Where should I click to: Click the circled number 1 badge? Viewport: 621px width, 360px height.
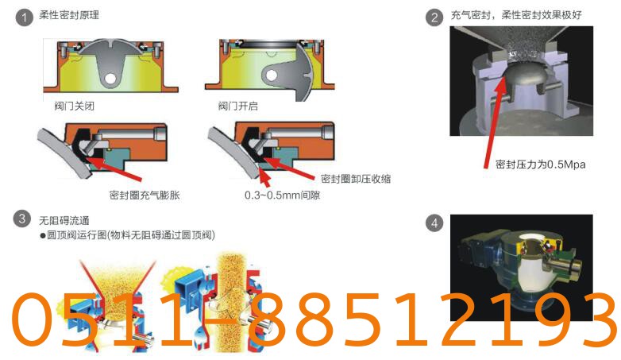(x=24, y=18)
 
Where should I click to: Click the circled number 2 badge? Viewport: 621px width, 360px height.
(x=434, y=17)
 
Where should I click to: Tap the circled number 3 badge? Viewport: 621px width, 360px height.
(x=21, y=219)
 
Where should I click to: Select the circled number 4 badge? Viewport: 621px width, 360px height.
(x=434, y=223)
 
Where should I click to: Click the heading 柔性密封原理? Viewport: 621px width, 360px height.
(x=69, y=15)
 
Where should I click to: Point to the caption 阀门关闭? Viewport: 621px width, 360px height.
(x=75, y=106)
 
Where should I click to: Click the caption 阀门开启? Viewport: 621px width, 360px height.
(x=237, y=106)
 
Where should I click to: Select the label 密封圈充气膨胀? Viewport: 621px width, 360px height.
(x=145, y=195)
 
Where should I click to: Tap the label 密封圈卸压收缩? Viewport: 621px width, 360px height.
(x=356, y=179)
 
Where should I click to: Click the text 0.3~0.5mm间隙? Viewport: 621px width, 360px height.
(x=283, y=195)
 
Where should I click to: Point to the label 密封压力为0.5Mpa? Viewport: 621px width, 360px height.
(x=541, y=165)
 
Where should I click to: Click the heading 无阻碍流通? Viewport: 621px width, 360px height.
(x=64, y=220)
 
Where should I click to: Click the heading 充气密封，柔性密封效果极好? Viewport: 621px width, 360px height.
(x=516, y=15)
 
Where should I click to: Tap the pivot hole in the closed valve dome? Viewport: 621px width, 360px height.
(x=110, y=78)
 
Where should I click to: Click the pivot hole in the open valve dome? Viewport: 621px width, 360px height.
(x=272, y=75)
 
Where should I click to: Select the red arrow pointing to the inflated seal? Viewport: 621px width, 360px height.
(x=113, y=168)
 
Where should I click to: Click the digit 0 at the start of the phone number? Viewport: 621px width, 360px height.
(x=33, y=319)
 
